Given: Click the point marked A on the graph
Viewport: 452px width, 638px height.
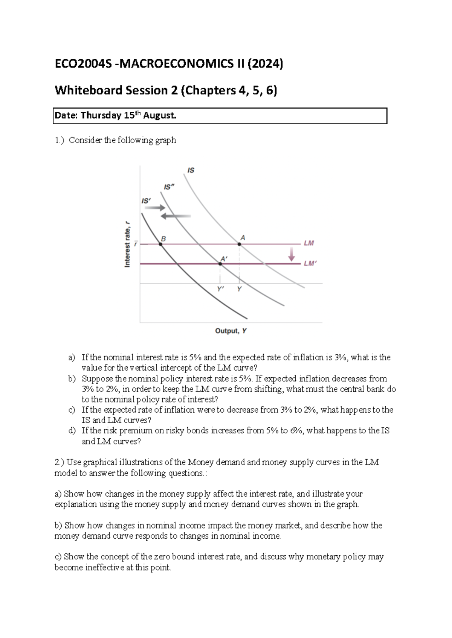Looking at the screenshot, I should pyautogui.click(x=239, y=244).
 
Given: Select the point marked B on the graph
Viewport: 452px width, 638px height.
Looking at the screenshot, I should pyautogui.click(x=161, y=244).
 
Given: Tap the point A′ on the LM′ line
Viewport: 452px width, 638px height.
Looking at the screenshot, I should pyautogui.click(x=220, y=264).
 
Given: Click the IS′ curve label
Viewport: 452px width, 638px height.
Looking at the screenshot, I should pyautogui.click(x=146, y=201).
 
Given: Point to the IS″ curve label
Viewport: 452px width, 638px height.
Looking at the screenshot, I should pyautogui.click(x=169, y=187).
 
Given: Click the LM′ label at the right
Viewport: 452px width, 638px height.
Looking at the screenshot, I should pyautogui.click(x=310, y=263).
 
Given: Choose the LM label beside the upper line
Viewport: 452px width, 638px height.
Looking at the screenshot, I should pyautogui.click(x=309, y=243).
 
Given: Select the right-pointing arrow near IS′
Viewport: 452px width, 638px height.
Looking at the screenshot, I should pyautogui.click(x=157, y=208).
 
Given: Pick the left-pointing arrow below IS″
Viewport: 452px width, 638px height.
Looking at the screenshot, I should pyautogui.click(x=176, y=216).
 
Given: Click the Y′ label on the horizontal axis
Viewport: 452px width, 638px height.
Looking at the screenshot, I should pyautogui.click(x=220, y=289).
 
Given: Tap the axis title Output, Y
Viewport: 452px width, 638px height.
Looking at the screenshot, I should pyautogui.click(x=231, y=331).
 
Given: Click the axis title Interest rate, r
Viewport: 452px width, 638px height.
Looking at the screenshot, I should pyautogui.click(x=128, y=245).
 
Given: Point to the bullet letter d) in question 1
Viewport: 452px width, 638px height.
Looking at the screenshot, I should pyautogui.click(x=72, y=431).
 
